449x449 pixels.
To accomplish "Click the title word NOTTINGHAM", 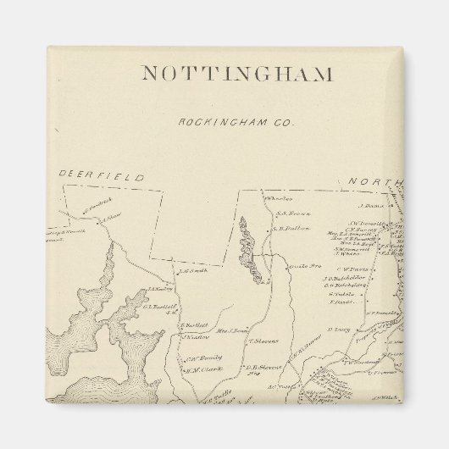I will pos(236,74).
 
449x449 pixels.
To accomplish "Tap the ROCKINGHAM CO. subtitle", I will pos(236,123).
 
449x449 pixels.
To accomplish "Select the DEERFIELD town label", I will pos(101,177).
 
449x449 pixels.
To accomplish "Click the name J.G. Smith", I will pos(193,271).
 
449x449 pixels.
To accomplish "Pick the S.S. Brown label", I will pos(280,213).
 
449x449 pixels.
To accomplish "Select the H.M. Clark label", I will pos(204,369).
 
